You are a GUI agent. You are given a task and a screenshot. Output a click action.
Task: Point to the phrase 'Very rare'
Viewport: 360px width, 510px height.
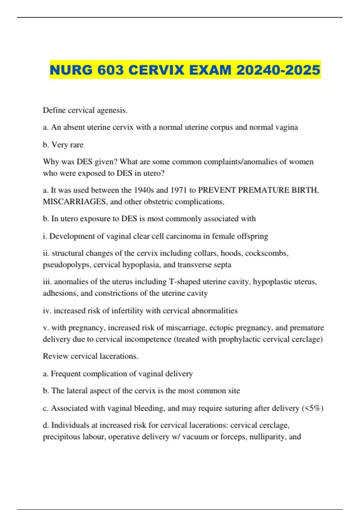pos(67,145)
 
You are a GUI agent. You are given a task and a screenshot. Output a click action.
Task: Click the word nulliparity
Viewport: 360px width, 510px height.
pos(268,437)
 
